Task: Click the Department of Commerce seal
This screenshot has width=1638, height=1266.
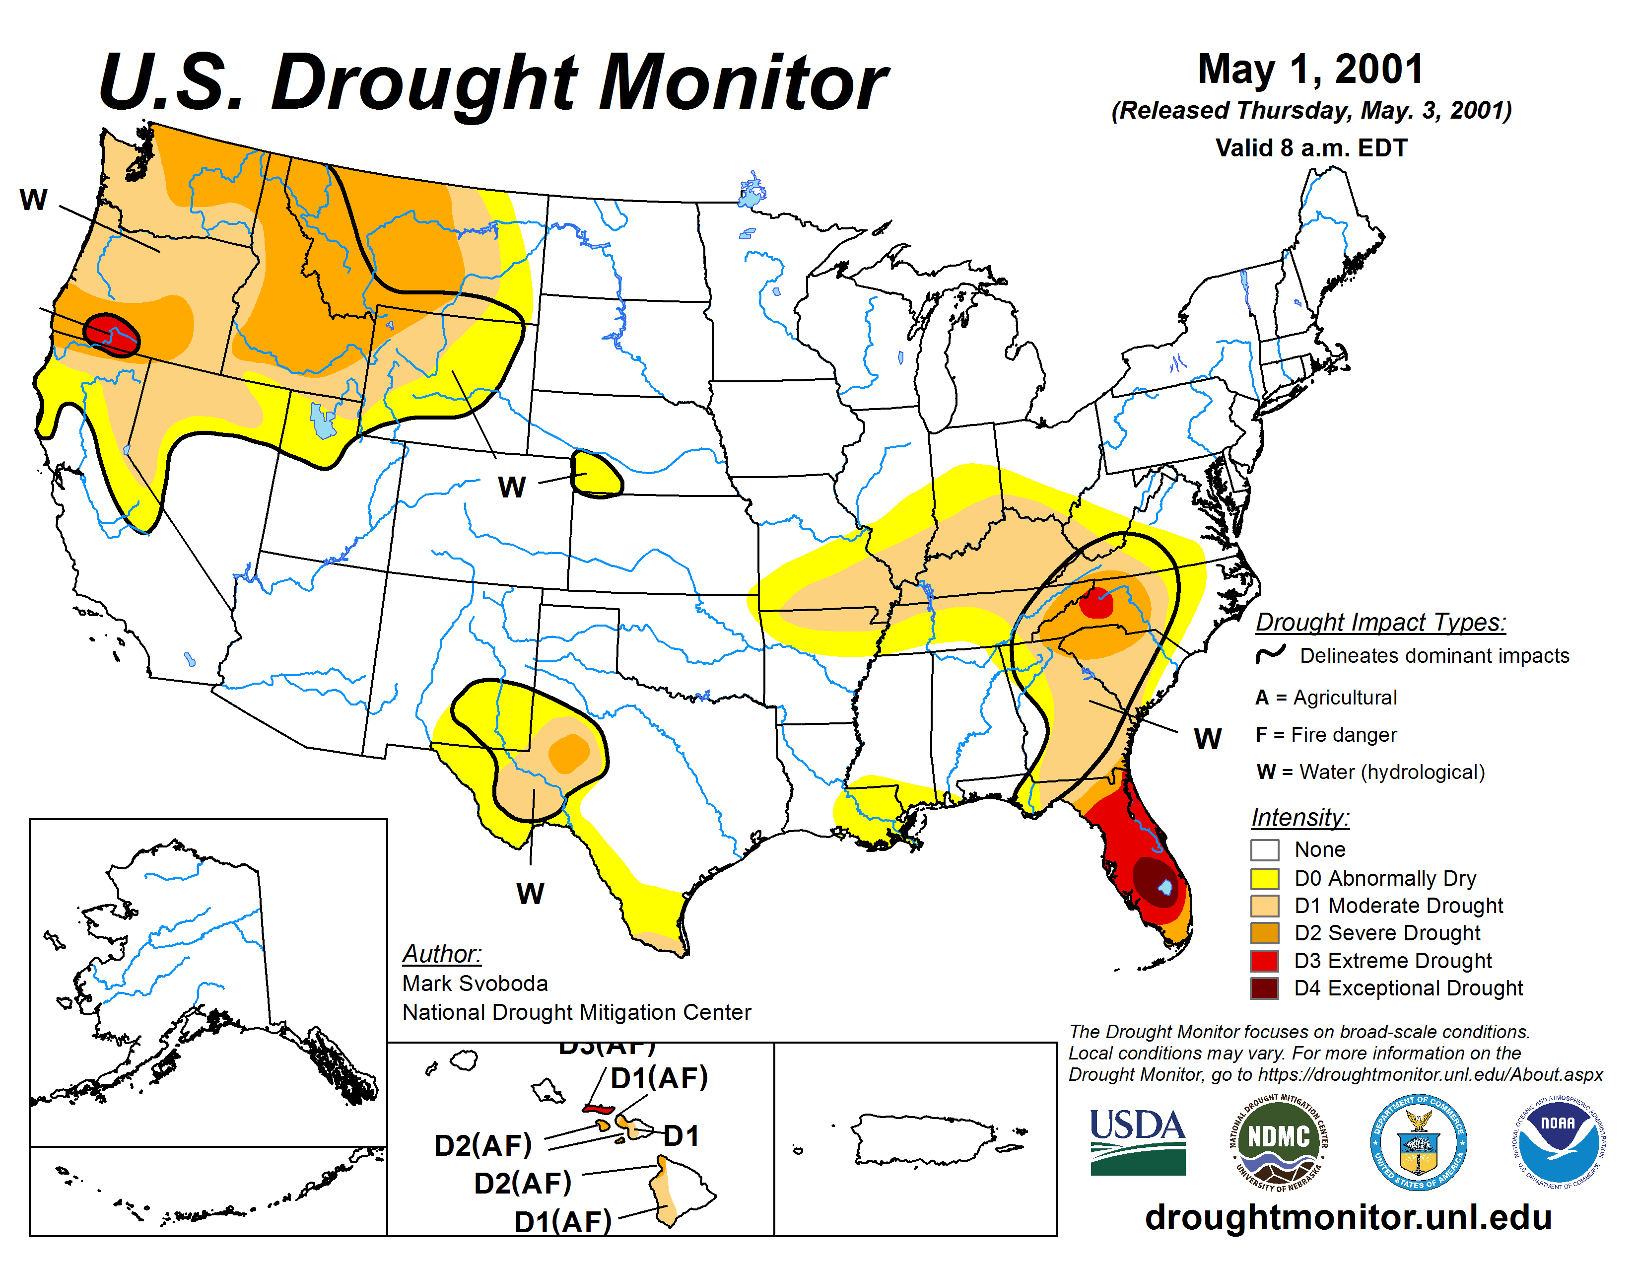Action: (x=1418, y=1141)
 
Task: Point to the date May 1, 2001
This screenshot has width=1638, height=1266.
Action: (x=1310, y=69)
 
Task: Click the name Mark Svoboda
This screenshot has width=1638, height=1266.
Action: (x=475, y=983)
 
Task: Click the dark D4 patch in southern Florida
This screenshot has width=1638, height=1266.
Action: (x=1154, y=881)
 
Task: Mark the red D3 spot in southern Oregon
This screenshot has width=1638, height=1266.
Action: (x=111, y=331)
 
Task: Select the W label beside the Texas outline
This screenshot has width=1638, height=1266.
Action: (x=530, y=893)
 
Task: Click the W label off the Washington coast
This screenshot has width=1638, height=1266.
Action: (x=33, y=200)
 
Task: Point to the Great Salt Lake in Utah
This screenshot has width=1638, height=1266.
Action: (x=323, y=421)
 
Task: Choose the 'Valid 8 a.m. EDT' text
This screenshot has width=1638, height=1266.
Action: (x=1311, y=148)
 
